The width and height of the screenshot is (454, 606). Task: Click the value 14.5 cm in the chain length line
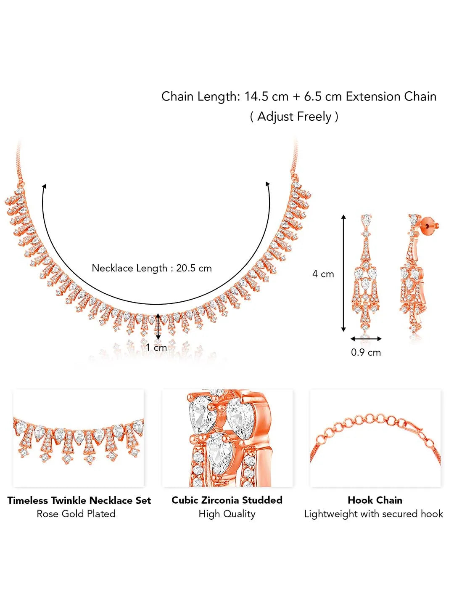[267, 97]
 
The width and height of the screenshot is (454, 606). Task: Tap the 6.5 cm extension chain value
[323, 97]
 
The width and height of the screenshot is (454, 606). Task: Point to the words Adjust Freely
[294, 117]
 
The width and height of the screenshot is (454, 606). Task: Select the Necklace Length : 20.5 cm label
[152, 268]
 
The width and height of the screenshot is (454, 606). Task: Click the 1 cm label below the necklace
[156, 347]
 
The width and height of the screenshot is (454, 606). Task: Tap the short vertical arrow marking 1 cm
[158, 326]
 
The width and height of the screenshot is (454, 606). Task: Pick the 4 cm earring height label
[323, 274]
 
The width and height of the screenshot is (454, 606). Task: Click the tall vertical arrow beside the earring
[343, 273]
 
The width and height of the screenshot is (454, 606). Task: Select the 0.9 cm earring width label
[366, 353]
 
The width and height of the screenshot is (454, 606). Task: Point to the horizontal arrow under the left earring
[366, 339]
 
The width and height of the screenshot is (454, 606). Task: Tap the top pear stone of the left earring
[366, 220]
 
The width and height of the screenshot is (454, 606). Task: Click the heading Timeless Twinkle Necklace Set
[79, 500]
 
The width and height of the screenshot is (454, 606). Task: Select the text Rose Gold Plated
[76, 514]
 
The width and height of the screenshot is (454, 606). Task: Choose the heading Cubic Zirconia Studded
[227, 500]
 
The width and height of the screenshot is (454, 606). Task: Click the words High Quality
[227, 514]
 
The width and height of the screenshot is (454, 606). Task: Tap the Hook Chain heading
[375, 500]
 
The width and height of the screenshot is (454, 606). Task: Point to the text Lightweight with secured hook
[374, 514]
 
